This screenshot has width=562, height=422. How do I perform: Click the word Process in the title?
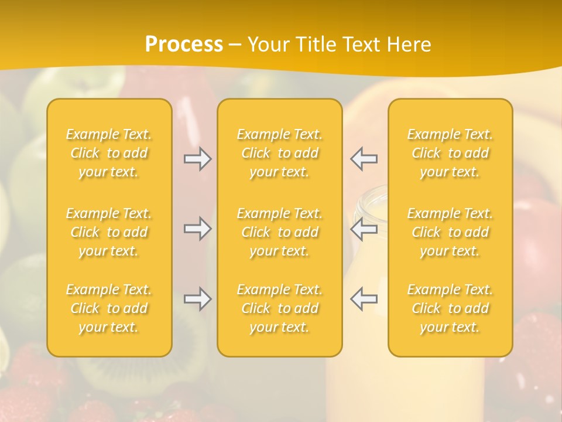tap(184, 45)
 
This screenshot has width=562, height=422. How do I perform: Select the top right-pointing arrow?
tap(197, 159)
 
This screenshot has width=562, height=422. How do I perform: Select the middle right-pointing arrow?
tap(197, 229)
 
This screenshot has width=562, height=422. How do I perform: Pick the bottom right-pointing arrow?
tap(197, 299)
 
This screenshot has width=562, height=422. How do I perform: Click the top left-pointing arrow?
tap(364, 159)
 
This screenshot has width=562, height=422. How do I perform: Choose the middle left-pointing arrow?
tap(364, 229)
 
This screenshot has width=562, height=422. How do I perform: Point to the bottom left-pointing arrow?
tap(364, 299)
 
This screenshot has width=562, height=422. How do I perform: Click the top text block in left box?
tap(109, 153)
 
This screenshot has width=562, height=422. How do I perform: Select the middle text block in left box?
tap(109, 232)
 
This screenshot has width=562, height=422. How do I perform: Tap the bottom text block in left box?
tap(109, 308)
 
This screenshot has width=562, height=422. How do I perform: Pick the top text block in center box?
tap(279, 153)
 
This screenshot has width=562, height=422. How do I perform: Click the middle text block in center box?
tap(279, 232)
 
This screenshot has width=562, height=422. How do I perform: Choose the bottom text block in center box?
tap(279, 308)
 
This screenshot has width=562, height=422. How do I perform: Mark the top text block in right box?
tap(450, 153)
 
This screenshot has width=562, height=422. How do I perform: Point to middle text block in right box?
tap(450, 232)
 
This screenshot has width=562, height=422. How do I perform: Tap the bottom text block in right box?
tap(450, 308)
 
